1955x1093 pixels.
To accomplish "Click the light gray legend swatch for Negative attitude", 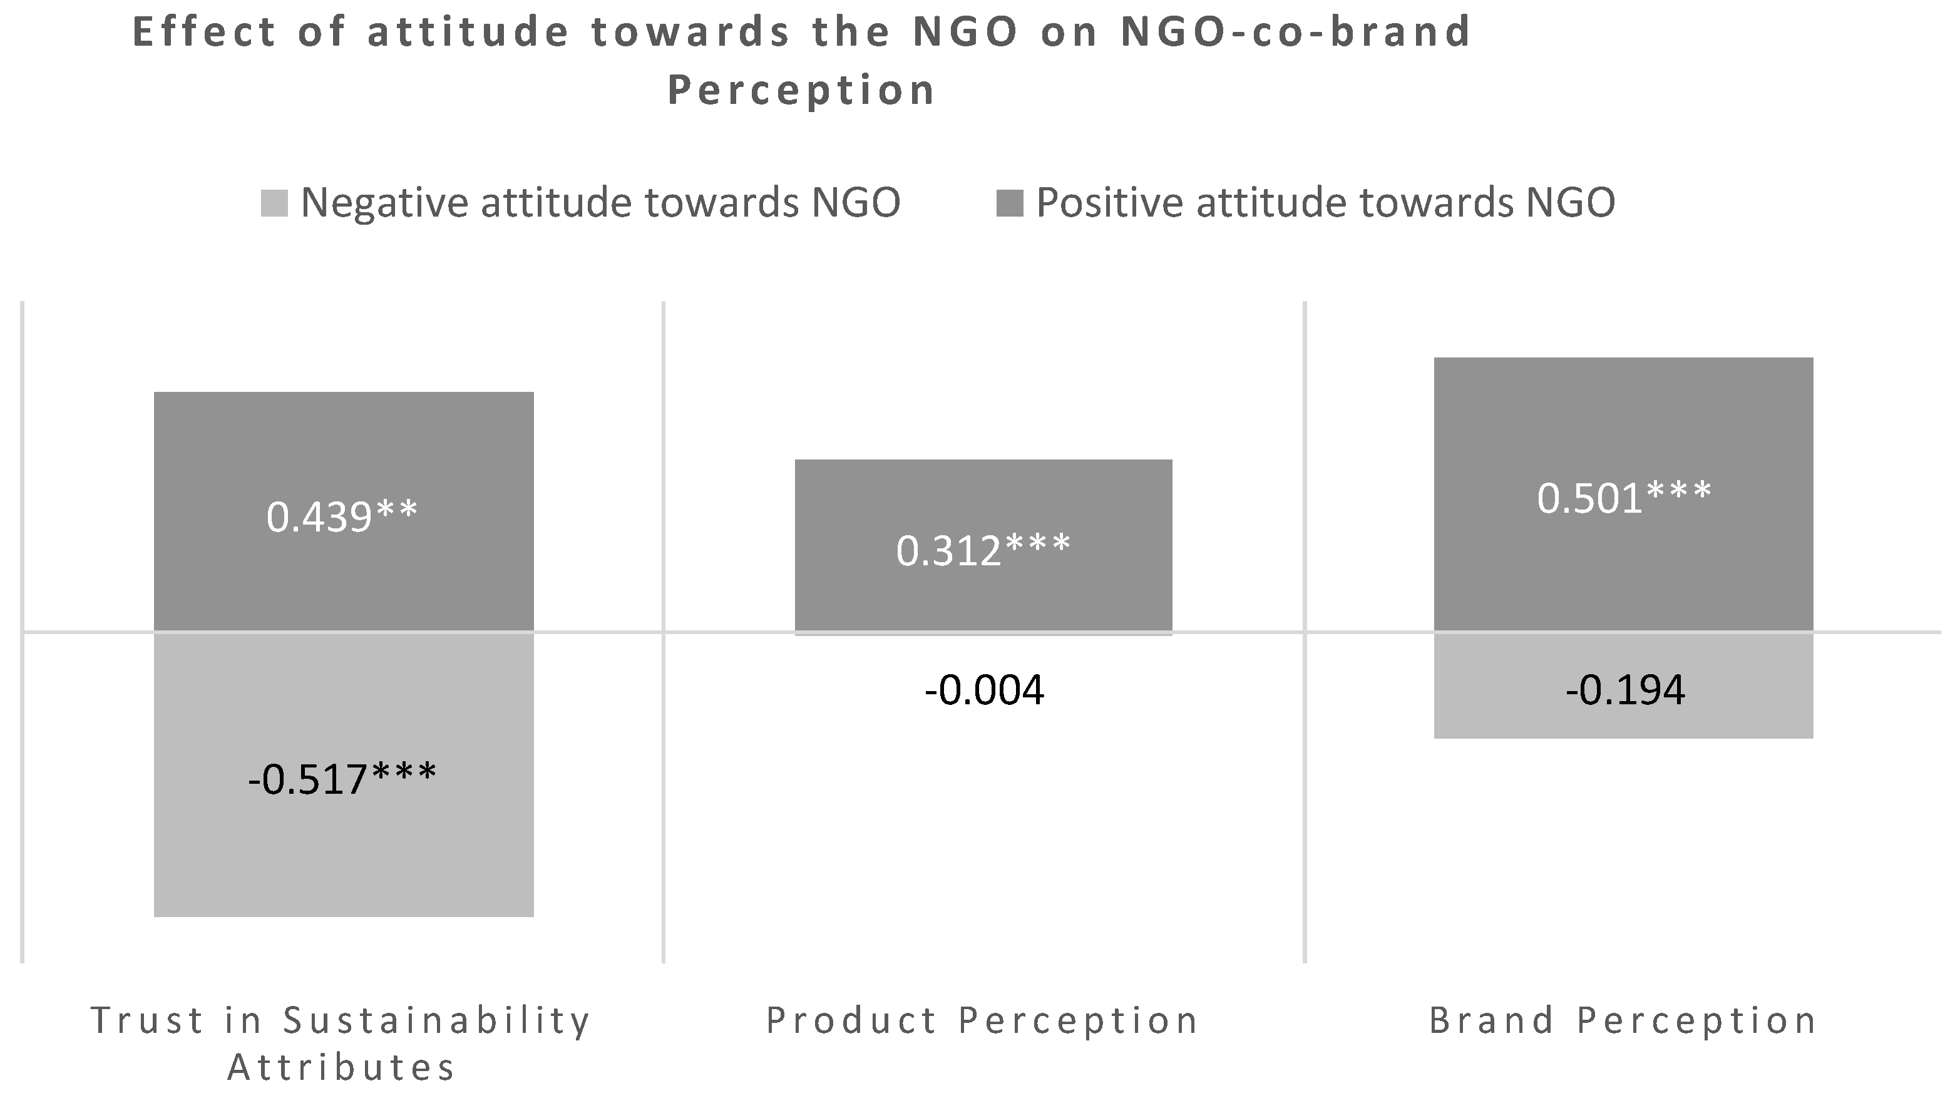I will point(274,203).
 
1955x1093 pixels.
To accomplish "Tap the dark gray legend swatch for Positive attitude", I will point(1009,203).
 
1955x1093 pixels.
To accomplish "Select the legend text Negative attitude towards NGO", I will point(600,203).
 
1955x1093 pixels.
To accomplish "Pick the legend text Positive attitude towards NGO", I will point(1325,203).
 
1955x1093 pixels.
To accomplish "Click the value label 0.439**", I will point(342,517).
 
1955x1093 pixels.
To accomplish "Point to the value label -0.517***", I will point(342,779).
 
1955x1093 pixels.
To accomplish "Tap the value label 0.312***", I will point(983,550).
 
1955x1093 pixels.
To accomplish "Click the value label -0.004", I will point(984,690).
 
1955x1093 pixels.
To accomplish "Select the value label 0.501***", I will point(1624,499).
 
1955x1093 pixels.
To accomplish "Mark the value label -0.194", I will point(1625,690).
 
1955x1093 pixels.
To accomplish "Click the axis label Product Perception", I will point(982,1021).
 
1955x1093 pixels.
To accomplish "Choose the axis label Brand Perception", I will point(1623,1021).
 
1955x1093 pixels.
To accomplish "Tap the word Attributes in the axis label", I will point(342,1068).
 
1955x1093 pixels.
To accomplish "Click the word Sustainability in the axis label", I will point(436,1021).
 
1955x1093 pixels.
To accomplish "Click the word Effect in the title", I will point(204,33).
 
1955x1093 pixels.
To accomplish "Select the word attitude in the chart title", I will point(468,33).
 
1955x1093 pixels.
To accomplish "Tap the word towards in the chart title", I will point(690,33).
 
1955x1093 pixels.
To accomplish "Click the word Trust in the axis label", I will point(148,1021).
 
